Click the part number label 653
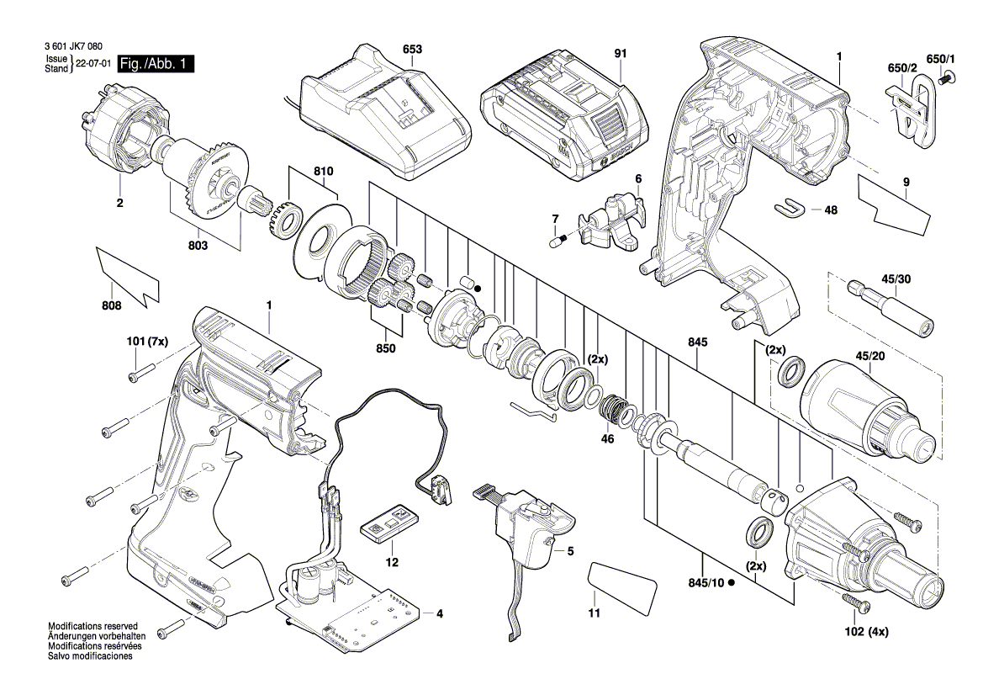pyautogui.click(x=412, y=50)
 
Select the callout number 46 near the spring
pyautogui.click(x=607, y=439)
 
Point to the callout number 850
pyautogui.click(x=386, y=347)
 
